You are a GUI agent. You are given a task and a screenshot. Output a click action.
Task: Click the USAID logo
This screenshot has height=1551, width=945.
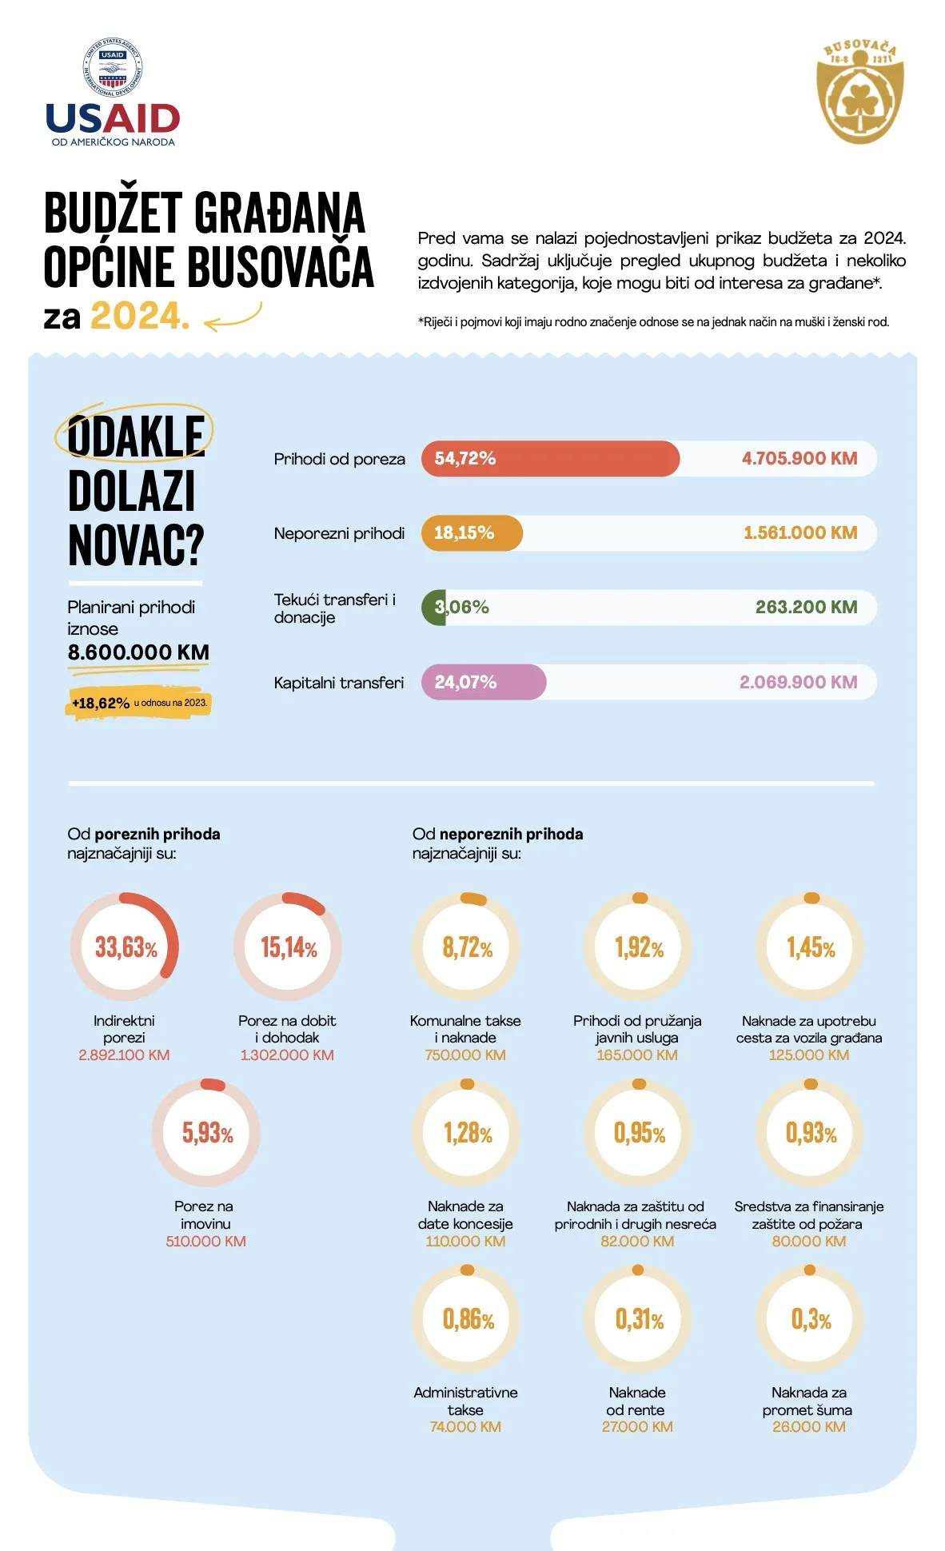113,94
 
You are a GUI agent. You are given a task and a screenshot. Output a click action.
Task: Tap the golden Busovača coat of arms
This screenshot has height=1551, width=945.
859,91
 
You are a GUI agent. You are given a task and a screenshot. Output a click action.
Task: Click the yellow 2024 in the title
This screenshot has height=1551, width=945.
139,317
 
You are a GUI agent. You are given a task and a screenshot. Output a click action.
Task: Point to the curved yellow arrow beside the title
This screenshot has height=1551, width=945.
233,317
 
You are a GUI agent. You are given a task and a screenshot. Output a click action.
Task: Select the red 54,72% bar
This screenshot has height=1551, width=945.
550,459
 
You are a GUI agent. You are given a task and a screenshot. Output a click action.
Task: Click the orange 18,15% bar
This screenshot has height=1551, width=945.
472,533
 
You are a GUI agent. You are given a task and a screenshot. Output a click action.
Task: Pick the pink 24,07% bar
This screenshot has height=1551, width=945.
484,682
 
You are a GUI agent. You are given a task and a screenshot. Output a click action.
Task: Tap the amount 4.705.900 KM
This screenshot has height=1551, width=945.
799,459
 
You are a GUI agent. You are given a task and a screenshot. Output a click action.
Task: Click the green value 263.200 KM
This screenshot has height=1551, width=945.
806,608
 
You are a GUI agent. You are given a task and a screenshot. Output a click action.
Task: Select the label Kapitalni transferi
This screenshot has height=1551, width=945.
338,683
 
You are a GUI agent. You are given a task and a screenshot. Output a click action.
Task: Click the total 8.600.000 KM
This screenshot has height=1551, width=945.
138,652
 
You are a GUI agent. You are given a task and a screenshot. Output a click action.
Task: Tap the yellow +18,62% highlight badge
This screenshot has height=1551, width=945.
139,703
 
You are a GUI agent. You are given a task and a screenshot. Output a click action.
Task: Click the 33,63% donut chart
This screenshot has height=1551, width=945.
125,947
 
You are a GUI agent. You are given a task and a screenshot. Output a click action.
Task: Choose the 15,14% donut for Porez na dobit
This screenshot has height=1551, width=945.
288,947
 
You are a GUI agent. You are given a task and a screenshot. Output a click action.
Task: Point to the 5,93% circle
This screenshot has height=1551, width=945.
206,1132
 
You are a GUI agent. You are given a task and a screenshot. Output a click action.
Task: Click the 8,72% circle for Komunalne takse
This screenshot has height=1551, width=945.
466,947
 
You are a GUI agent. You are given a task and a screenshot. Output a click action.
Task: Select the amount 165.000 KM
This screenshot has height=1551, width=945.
636,1055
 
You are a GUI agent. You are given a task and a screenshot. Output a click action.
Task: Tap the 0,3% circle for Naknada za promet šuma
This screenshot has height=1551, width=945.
810,1318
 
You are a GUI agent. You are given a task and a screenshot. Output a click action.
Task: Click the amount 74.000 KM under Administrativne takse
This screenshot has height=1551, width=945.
465,1427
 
